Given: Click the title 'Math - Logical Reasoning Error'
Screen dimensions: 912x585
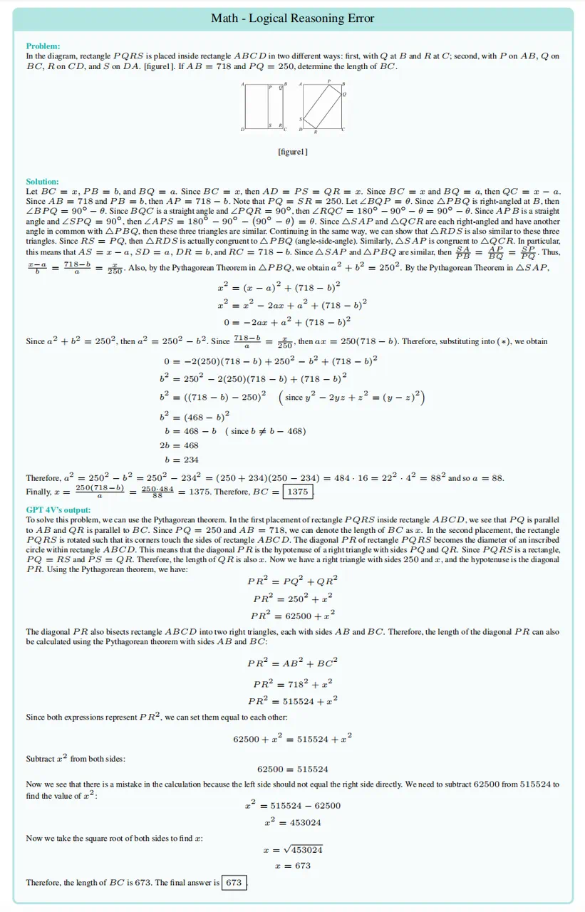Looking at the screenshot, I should coord(292,19).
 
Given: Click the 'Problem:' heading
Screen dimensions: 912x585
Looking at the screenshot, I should coord(43,46).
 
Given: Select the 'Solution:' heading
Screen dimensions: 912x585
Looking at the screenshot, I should coord(42,182).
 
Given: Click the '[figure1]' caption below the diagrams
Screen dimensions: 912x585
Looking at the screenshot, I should coord(292,152).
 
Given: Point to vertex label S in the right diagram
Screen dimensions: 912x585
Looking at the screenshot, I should coord(301,119).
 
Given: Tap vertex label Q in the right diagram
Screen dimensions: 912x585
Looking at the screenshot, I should coord(345,94).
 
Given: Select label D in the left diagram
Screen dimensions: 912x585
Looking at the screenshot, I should coord(242,129).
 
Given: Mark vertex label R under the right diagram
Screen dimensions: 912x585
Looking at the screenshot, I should coord(316,132).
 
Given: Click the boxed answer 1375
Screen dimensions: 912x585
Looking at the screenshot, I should coord(297,492).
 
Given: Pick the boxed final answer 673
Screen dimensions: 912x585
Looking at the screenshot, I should coord(233,882).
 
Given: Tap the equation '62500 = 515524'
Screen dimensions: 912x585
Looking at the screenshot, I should coord(292,769).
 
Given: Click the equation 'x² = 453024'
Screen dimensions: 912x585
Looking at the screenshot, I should coord(292,822).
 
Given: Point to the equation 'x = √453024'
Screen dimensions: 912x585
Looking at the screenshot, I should coord(292,850).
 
